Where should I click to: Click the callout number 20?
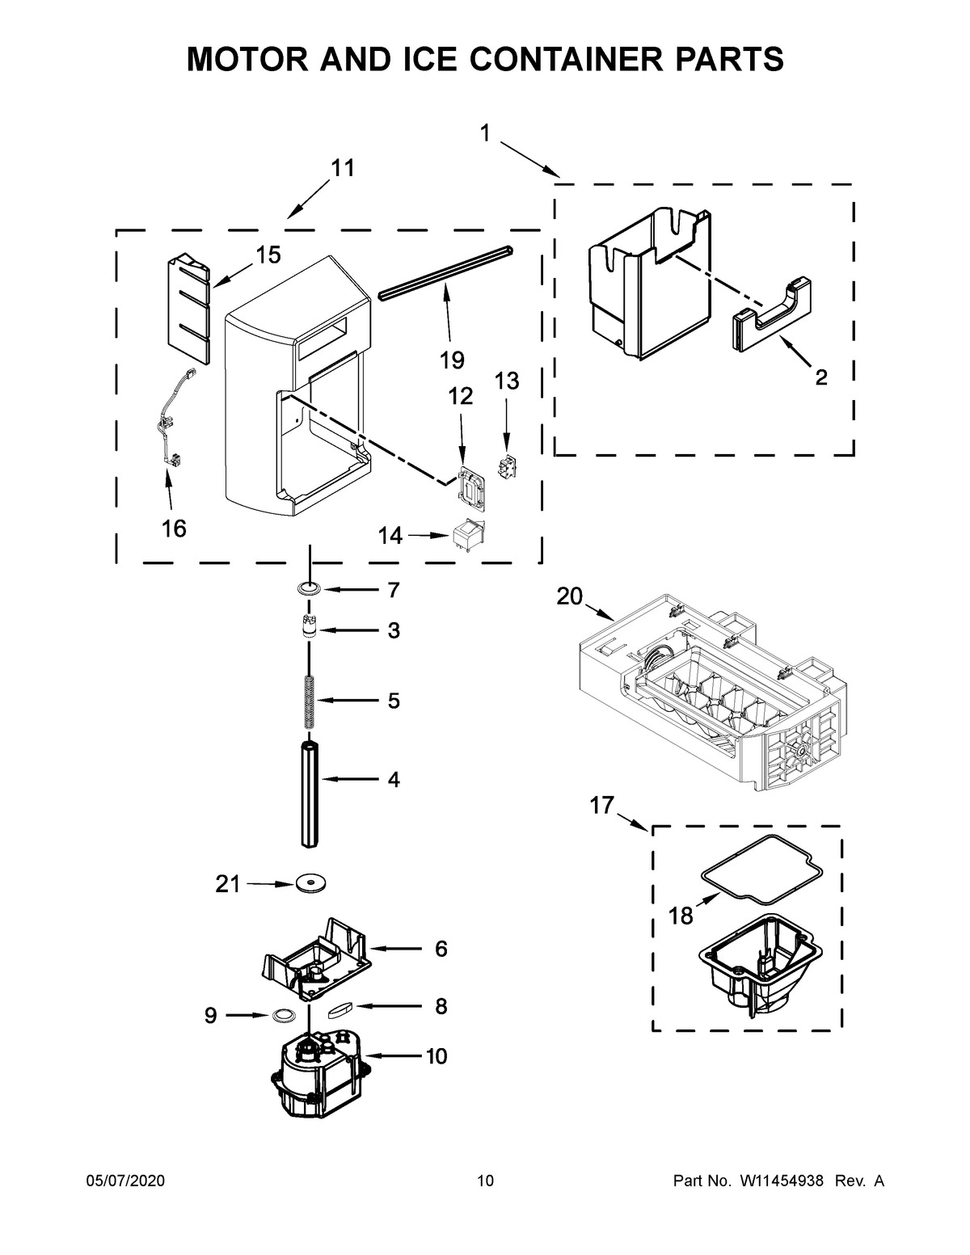569,596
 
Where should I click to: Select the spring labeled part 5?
310,699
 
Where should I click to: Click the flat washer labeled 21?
309,884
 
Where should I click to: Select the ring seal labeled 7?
309,590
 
